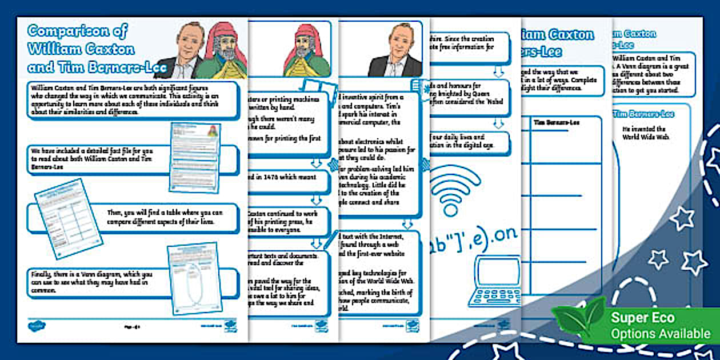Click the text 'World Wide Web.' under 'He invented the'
click(x=644, y=138)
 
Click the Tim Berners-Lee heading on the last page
click(x=643, y=114)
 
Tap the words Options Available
click(x=660, y=333)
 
